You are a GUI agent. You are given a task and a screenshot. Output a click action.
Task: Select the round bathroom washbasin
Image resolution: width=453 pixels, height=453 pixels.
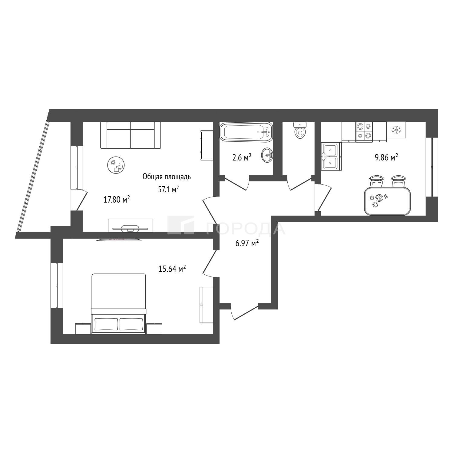pos(267,155)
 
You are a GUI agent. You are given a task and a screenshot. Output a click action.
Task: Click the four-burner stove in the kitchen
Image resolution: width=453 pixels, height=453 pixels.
pos(364,131)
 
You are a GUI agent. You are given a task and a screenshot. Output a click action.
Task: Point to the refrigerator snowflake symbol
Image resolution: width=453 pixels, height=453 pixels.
pos(396,130)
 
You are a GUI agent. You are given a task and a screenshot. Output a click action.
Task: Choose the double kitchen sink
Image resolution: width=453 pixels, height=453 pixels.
pos(331,156)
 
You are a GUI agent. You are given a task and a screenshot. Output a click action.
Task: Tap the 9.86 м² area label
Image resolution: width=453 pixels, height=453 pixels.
pos(386,157)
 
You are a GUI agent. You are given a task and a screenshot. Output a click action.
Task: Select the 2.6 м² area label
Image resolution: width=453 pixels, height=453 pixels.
pos(242,157)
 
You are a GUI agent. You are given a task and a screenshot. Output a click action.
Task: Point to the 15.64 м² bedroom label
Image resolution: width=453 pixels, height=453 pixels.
pos(172,269)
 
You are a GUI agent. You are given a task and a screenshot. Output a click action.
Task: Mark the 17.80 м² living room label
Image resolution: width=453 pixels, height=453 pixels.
pos(117,200)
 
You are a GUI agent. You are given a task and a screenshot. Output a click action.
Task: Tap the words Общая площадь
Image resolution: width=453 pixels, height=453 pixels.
pos(167,177)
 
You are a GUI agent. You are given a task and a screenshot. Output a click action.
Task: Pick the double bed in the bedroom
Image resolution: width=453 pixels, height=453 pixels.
pos(118,304)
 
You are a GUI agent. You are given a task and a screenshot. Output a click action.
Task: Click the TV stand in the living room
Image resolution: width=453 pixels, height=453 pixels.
pos(131,225)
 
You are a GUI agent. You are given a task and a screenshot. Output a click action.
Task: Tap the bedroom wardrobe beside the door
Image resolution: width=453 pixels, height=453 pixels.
pos(206,305)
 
